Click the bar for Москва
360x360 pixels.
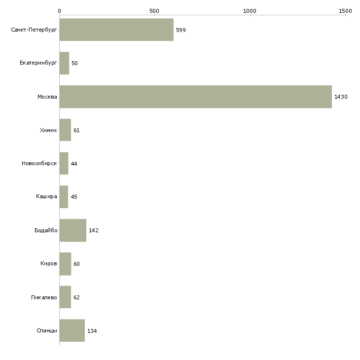click(196, 97)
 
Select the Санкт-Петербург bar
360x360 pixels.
click(117, 30)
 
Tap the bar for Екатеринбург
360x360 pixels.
click(64, 63)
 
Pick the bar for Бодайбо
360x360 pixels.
click(73, 230)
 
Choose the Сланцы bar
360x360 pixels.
click(72, 330)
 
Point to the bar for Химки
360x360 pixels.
click(65, 130)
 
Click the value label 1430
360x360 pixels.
click(341, 97)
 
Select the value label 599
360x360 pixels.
click(181, 30)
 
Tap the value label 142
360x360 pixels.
click(94, 230)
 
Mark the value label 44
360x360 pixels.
click(74, 164)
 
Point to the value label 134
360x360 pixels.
click(92, 331)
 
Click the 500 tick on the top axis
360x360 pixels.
click(154, 11)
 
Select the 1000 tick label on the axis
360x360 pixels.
click(250, 11)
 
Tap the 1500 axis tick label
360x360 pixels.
click(345, 11)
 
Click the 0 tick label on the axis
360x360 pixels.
click(60, 11)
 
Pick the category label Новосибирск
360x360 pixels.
click(39, 163)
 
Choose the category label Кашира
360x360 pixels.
click(46, 197)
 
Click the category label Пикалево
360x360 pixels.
click(44, 297)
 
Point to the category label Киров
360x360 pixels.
click(49, 263)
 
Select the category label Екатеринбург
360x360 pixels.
click(38, 63)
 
